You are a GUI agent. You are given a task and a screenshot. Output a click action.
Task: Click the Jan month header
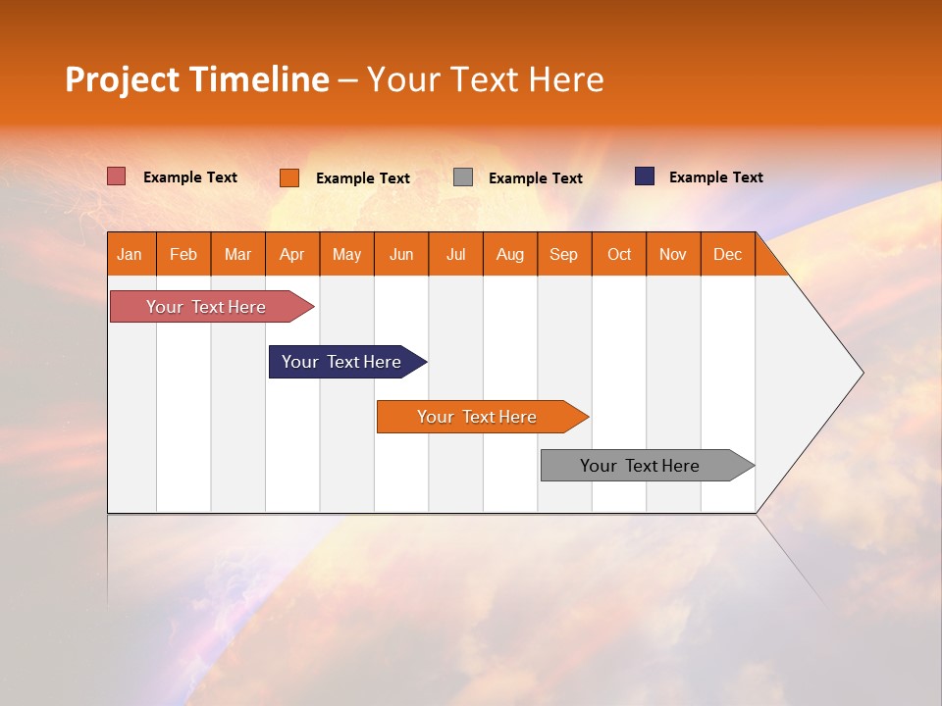131,254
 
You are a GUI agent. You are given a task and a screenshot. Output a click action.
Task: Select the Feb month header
183,254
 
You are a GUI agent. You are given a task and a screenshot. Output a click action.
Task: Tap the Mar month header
237,254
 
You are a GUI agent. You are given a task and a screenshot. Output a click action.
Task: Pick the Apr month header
292,254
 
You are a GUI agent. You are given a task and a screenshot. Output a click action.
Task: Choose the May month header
346,254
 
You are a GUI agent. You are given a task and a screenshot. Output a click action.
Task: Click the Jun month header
401,254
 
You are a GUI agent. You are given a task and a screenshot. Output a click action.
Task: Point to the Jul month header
455,254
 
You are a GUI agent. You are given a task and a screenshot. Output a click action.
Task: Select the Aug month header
510,254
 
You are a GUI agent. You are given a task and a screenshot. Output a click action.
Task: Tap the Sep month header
564,254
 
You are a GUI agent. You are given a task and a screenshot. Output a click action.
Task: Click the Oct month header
619,254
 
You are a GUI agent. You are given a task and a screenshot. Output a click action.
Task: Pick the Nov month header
673,254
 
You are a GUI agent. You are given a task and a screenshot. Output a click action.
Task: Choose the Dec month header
728,254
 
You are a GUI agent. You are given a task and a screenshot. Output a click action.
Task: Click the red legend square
117,176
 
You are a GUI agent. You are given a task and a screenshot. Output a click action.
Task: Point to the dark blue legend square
645,176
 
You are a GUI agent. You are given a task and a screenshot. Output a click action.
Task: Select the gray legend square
463,177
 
